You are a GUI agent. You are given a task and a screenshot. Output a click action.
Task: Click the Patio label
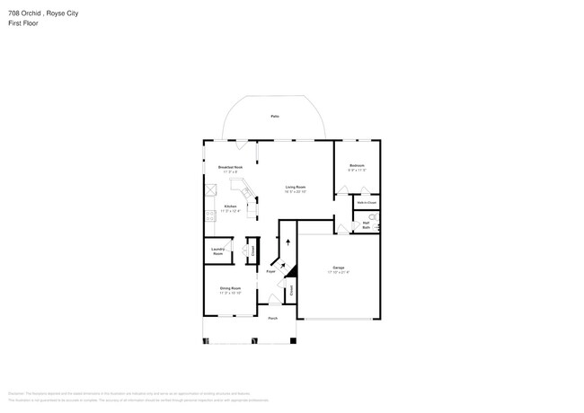[x=274, y=117]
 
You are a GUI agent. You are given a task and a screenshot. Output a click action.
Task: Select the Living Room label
[x=296, y=187]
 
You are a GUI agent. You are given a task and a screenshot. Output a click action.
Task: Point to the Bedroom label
[x=357, y=165]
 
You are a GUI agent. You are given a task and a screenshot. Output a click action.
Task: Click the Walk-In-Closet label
[x=366, y=203]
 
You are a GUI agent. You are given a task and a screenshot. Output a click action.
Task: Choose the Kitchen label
[x=231, y=206]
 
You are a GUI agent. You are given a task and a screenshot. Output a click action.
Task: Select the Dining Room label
[x=230, y=288]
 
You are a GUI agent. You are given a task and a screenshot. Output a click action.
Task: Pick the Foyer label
[x=270, y=270]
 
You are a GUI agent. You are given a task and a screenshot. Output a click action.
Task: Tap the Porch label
[x=272, y=318]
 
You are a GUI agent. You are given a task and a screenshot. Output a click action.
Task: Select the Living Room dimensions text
[x=296, y=191]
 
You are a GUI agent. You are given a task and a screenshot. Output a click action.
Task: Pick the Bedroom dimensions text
[x=357, y=170]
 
